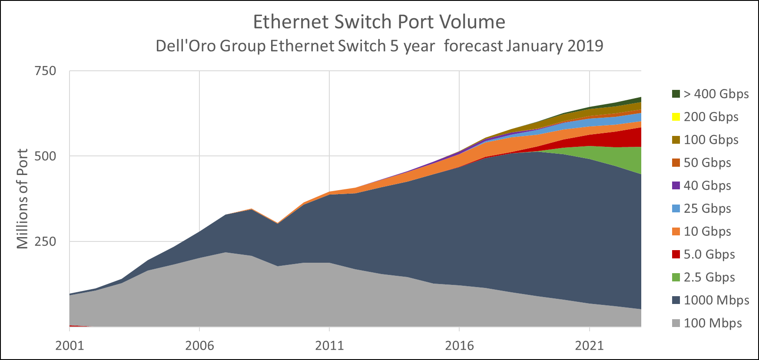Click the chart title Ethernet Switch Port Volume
379,22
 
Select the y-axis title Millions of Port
22,198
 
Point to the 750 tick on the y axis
45,71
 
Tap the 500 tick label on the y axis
45,156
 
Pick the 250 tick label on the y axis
45,241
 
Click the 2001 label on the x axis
70,346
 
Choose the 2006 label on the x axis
199,346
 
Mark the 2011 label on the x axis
329,346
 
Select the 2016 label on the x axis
459,346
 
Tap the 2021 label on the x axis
589,346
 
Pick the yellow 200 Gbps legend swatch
676,117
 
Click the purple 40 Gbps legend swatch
676,185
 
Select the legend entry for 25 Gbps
707,208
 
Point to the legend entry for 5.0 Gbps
709,254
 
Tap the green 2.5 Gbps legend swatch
676,277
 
